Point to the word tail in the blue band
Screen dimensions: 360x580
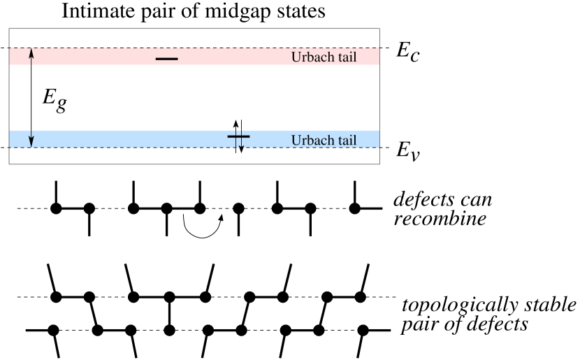pyautogui.click(x=345, y=141)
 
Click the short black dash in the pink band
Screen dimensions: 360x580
pyautogui.click(x=166, y=59)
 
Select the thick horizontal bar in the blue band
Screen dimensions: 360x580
pyautogui.click(x=238, y=136)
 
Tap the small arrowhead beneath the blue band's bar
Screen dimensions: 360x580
pyautogui.click(x=240, y=145)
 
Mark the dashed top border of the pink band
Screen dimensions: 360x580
pyautogui.click(x=210, y=48)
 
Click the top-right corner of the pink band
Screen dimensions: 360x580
pyautogui.click(x=379, y=48)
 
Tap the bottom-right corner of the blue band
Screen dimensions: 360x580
pyautogui.click(x=379, y=147)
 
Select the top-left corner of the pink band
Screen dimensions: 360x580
pyautogui.click(x=9, y=48)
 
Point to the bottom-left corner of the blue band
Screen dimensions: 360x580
pyautogui.click(x=9, y=147)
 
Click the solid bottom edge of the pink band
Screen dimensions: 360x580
pyautogui.click(x=210, y=65)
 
